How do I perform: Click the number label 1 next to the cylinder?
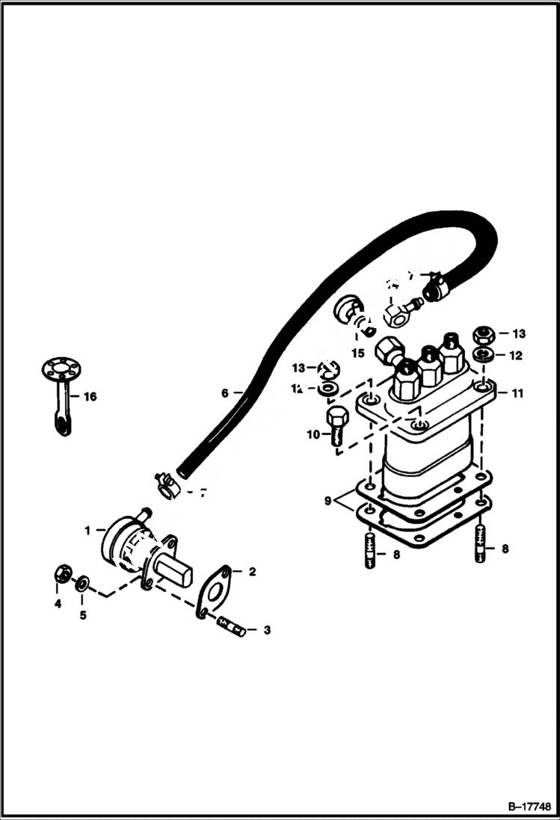87,530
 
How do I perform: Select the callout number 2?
252,572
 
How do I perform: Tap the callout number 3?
266,630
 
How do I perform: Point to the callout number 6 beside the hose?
225,392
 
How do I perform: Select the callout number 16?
90,397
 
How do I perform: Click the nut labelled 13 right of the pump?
482,333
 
